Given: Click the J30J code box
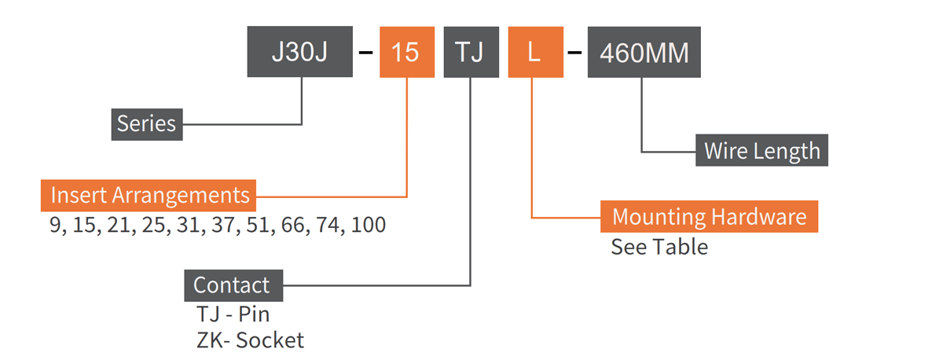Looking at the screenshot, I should coord(299,53).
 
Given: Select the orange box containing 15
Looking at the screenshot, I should coord(406,53).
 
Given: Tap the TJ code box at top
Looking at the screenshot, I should coord(471,53).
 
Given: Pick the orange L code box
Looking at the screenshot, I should coord(534,53).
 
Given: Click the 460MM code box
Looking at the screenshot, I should coord(644,53).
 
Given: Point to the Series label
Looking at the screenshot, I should coord(146,124).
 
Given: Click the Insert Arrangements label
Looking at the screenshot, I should coord(149,194).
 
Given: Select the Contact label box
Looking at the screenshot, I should coord(233,285).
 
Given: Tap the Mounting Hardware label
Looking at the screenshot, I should coord(709,216).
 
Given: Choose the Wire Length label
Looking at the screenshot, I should coord(761,150).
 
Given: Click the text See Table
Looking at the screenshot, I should coord(659,247).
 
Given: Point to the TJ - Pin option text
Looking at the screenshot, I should coord(233,315).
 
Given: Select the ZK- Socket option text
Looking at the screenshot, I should coord(249,340).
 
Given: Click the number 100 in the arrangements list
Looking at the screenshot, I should coord(368,225).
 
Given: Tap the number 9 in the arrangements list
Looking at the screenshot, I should coord(55,225).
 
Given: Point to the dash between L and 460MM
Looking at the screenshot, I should coord(575,53).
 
